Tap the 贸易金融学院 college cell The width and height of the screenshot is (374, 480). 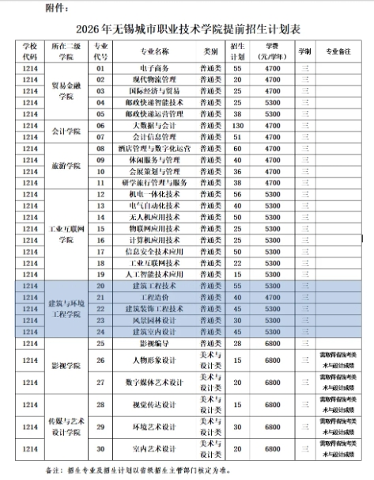(x=67, y=92)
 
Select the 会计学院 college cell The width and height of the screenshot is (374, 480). (x=67, y=131)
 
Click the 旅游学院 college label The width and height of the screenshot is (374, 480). (x=67, y=165)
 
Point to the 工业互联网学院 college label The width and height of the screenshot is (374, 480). (x=67, y=234)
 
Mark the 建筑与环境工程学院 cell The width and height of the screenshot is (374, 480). (x=67, y=308)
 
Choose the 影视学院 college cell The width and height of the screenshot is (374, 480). (x=67, y=367)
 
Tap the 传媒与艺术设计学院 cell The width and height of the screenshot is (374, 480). (x=67, y=429)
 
